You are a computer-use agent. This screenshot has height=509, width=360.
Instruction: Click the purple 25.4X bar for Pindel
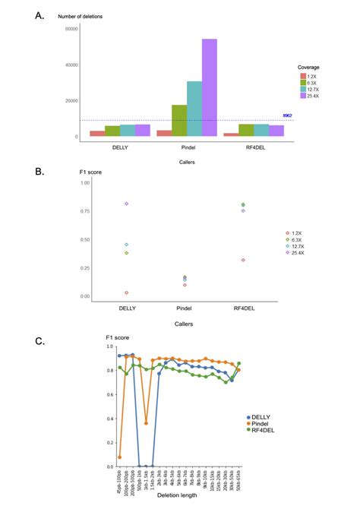click(x=209, y=87)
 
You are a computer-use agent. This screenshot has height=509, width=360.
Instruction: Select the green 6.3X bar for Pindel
click(x=179, y=121)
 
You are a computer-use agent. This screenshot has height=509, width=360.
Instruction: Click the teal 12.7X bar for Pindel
click(x=194, y=109)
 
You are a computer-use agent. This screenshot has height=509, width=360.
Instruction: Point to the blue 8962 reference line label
click(x=287, y=115)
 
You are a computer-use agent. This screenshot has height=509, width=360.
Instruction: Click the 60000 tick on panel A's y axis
click(x=72, y=29)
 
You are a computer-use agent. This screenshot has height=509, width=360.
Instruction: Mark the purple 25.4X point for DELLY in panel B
click(x=126, y=204)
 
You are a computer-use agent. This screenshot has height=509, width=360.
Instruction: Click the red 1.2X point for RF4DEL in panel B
click(x=243, y=260)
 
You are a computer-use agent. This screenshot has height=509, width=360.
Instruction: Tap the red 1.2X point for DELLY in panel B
click(x=126, y=292)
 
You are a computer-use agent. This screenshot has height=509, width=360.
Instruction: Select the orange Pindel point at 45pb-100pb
click(x=120, y=457)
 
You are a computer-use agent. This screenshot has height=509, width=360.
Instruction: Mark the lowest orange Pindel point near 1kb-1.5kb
click(x=146, y=423)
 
